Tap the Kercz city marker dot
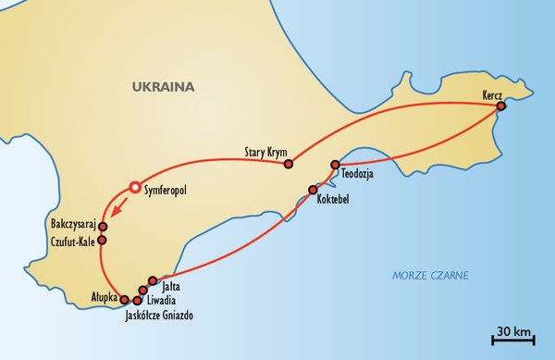point(500,106)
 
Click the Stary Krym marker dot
point(289,165)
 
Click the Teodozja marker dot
point(336,165)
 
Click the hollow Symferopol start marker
point(135,187)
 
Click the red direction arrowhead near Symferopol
point(117,207)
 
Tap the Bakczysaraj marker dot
point(103,226)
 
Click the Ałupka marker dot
point(126,299)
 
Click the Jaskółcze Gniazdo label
point(160,315)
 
